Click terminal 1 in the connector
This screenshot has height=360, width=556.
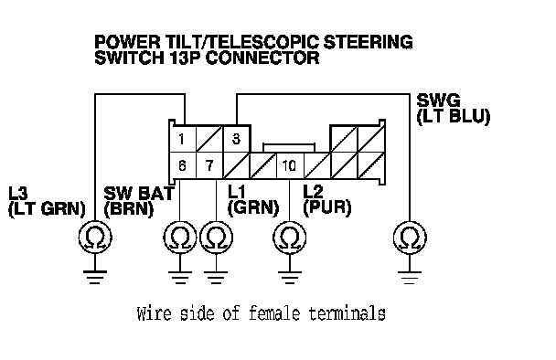pyautogui.click(x=183, y=139)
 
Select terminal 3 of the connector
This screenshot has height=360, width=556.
pyautogui.click(x=237, y=139)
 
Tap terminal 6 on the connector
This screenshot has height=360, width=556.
pyautogui.click(x=183, y=165)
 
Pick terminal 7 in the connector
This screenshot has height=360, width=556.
pyautogui.click(x=209, y=165)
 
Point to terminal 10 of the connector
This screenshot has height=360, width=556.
pyautogui.click(x=290, y=165)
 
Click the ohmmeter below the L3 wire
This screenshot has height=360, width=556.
pyautogui.click(x=95, y=238)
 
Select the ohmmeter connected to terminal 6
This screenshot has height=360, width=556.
pyautogui.click(x=180, y=238)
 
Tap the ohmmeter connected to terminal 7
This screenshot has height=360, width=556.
pyautogui.click(x=217, y=238)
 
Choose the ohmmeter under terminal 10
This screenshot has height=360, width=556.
pyautogui.click(x=290, y=238)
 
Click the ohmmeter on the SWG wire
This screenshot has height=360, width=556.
pyautogui.click(x=410, y=238)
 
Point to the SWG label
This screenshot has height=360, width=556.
pyautogui.click(x=438, y=101)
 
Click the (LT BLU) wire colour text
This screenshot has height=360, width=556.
pyautogui.click(x=454, y=117)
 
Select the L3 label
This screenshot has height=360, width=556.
pyautogui.click(x=17, y=193)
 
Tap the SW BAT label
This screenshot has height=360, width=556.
pyautogui.click(x=139, y=193)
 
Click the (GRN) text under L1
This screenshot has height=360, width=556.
pyautogui.click(x=253, y=208)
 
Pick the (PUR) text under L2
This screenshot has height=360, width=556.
pyautogui.click(x=327, y=207)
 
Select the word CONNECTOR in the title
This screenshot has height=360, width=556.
pyautogui.click(x=262, y=58)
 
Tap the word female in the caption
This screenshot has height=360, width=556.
pyautogui.click(x=274, y=313)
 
